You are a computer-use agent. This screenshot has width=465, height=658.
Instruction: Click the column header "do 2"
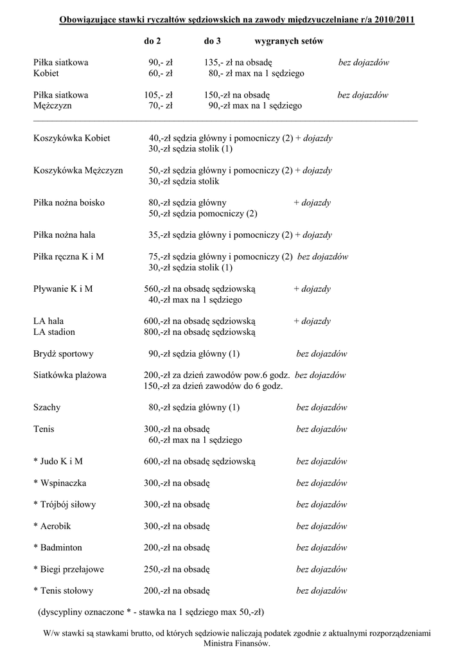152,41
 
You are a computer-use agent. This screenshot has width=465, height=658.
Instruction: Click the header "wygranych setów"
289,41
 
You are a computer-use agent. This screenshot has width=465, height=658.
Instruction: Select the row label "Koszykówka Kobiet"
71,138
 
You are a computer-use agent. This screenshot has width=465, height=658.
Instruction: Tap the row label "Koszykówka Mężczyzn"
78,171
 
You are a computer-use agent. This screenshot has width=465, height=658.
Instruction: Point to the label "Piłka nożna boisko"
69,203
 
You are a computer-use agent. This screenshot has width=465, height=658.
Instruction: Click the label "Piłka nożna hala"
64,235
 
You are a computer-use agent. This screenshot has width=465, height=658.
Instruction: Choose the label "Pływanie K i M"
63,289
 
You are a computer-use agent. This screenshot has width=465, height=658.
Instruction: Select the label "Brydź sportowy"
64,354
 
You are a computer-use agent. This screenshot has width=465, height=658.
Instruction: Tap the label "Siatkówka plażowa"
70,375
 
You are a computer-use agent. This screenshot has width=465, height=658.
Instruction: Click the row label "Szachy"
46,407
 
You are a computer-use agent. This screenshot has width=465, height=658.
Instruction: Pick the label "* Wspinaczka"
60,483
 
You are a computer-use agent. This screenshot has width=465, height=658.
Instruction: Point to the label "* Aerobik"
52,526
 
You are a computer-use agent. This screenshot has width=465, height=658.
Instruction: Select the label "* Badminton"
58,547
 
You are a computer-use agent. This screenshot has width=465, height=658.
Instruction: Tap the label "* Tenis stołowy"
64,591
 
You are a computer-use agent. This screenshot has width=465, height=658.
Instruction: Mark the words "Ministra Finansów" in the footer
236,643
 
